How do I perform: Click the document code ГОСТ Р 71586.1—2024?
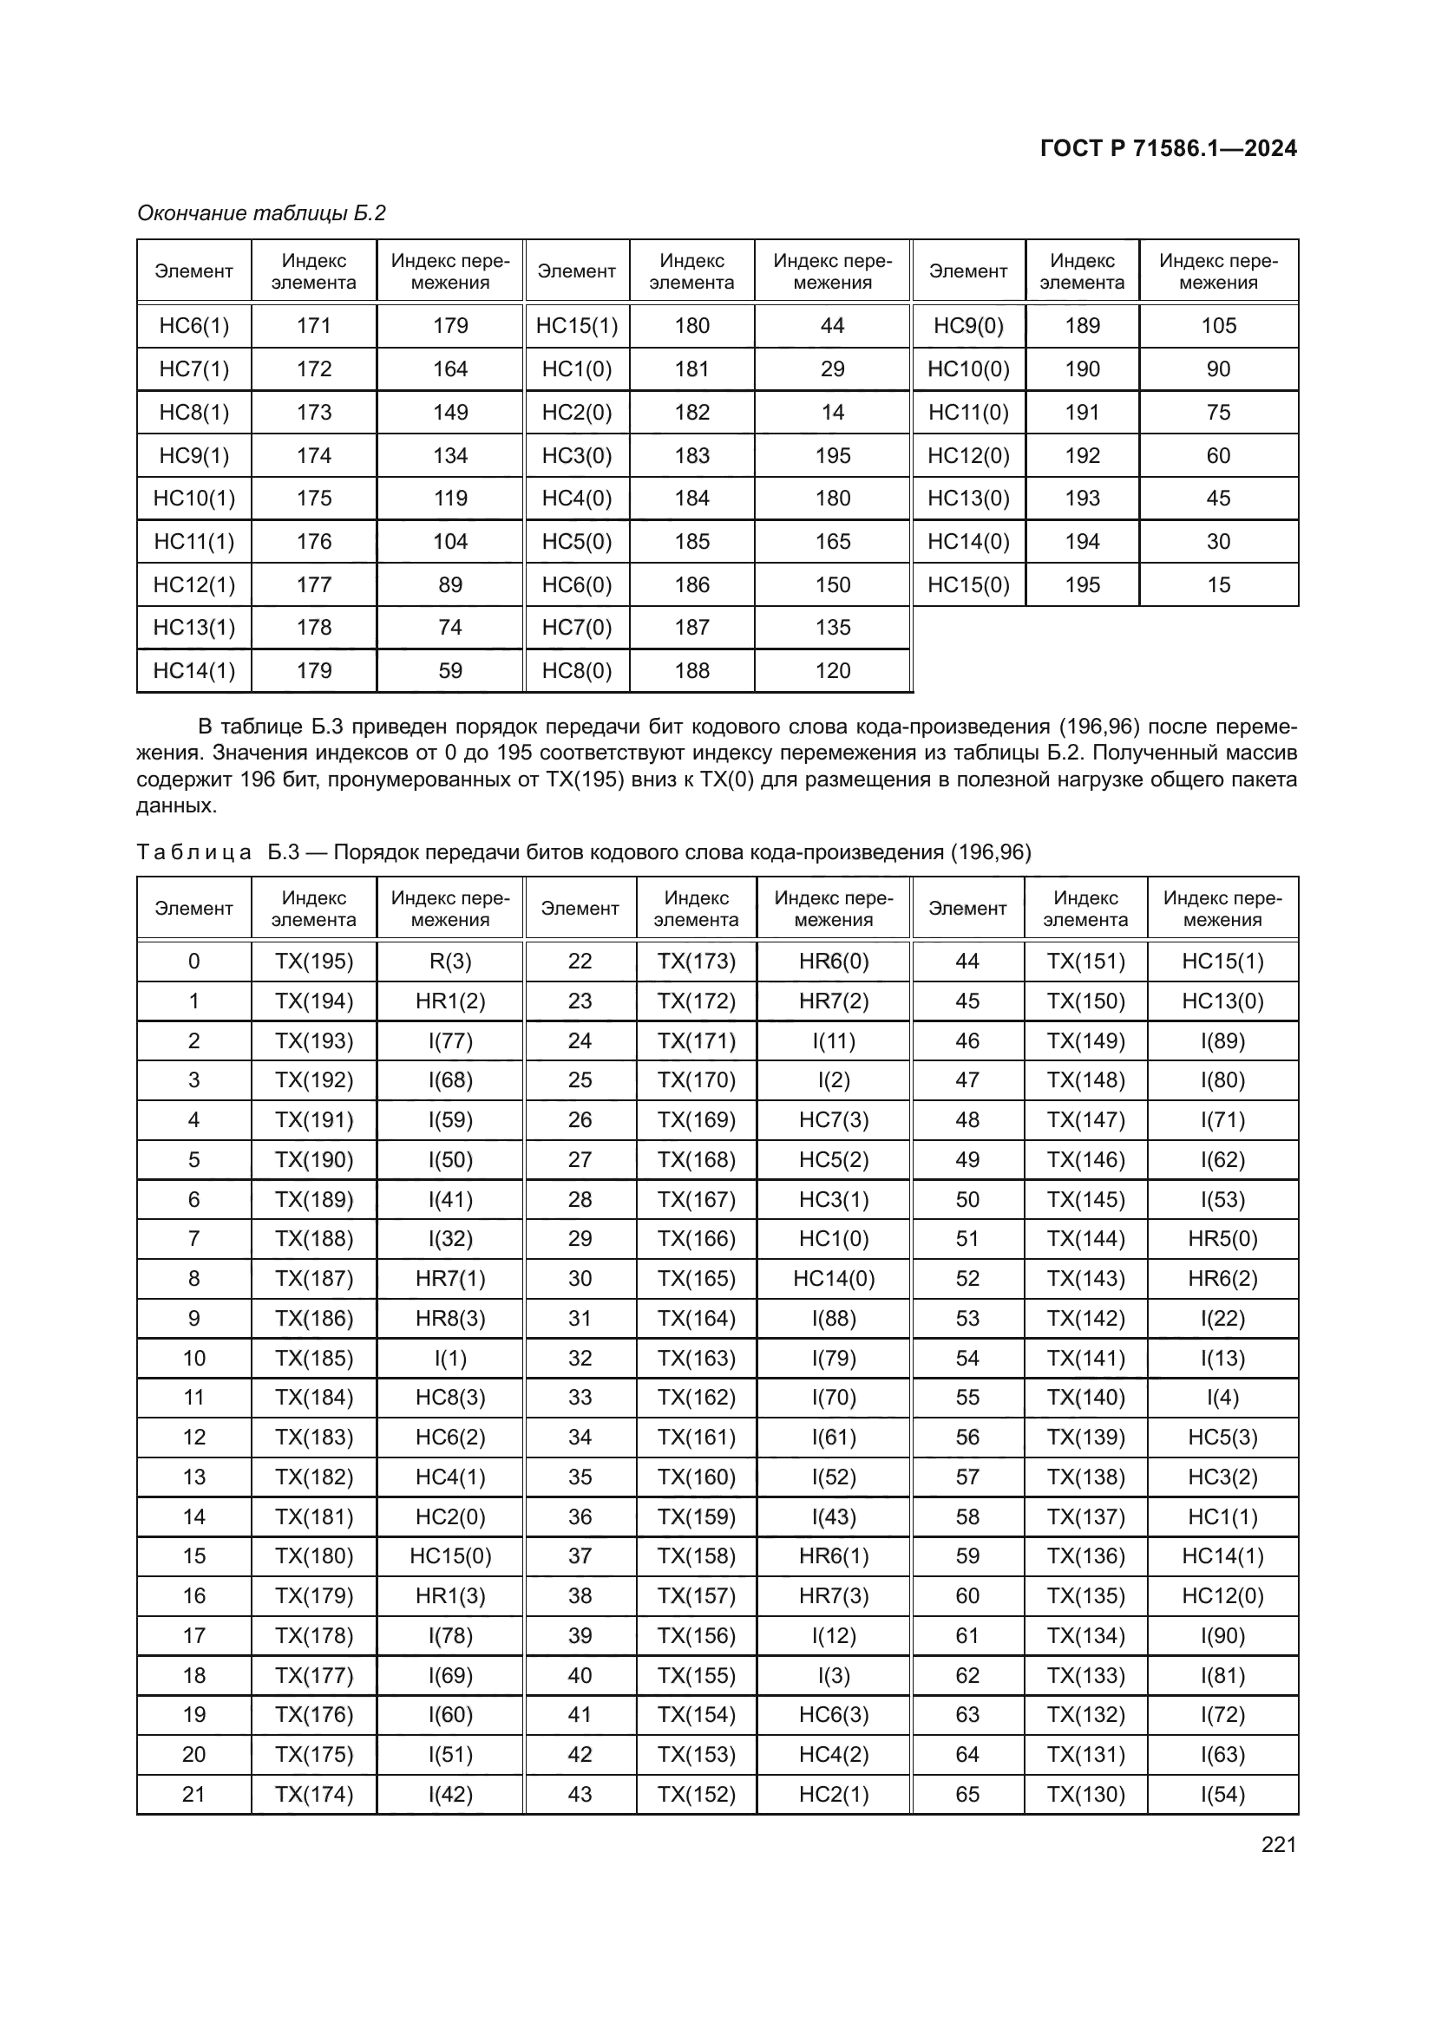coord(1167,148)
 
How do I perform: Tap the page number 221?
coord(1278,1844)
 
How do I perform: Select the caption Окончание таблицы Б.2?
coord(261,213)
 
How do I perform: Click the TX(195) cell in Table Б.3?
coord(314,961)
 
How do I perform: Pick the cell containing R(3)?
coord(449,961)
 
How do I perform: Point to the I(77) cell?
coord(449,1040)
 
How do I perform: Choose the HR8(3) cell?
coord(449,1318)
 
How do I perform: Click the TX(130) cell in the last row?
coord(1085,1794)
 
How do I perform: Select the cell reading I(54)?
coord(1222,1794)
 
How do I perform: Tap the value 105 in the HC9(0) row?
coord(1217,326)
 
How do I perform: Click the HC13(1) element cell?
coord(193,627)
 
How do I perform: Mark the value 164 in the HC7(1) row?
coord(449,369)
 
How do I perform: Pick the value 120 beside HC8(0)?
coord(831,670)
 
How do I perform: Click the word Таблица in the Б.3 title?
coord(193,852)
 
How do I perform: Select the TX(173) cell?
coord(696,961)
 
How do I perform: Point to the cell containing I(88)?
coord(832,1318)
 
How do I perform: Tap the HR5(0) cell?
coord(1222,1238)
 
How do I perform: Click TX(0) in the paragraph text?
coord(724,779)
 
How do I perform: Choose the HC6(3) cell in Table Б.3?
coord(832,1714)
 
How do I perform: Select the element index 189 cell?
coord(1082,326)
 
